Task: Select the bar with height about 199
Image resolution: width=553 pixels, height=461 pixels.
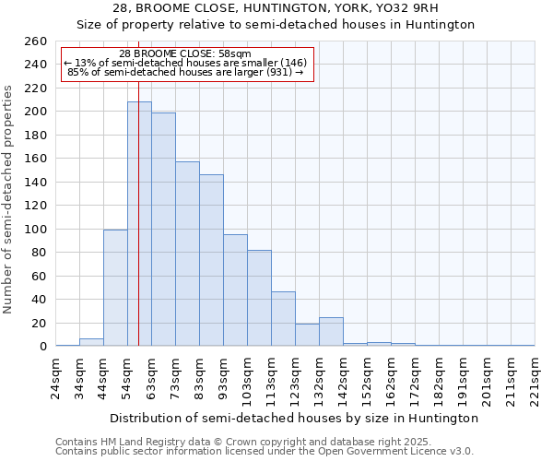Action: click(x=163, y=230)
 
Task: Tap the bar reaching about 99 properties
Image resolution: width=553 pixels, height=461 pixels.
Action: click(x=115, y=288)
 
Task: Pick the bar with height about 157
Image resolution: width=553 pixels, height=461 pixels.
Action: click(x=187, y=254)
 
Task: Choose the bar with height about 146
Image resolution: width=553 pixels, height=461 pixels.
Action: click(x=211, y=260)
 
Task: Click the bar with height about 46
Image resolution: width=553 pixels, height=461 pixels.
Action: click(x=283, y=319)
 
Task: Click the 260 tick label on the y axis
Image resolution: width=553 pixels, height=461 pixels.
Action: click(x=35, y=41)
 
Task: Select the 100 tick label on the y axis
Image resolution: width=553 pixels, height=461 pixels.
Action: click(x=35, y=229)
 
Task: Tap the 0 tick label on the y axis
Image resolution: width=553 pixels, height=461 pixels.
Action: click(x=42, y=347)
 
